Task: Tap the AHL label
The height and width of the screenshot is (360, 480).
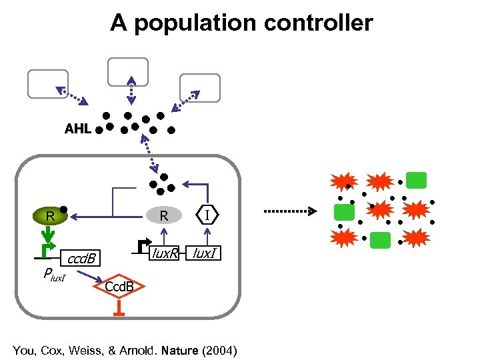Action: [x=77, y=129]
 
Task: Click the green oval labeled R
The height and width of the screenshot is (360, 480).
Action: [x=51, y=215]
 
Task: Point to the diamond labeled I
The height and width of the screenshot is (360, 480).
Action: [x=208, y=215]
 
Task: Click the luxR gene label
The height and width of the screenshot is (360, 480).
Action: [x=165, y=253]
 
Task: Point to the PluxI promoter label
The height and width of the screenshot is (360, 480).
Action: [x=54, y=273]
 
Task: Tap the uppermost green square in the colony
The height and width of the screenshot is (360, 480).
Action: [x=417, y=180]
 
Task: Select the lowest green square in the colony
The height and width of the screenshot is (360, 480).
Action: [x=380, y=240]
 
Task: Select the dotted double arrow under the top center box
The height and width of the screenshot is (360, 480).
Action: [x=131, y=90]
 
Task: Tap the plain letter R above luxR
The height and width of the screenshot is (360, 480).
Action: [x=164, y=215]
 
